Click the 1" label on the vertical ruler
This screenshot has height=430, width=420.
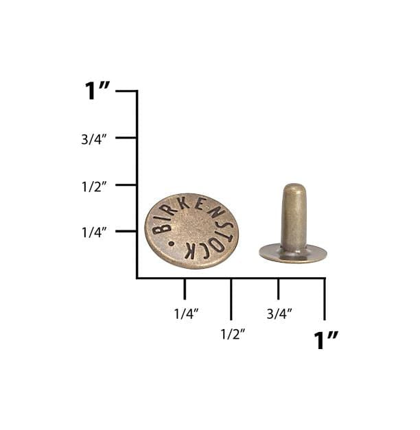(97, 91)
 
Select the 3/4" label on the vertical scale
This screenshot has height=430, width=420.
(95, 139)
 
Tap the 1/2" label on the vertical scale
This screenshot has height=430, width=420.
(95, 187)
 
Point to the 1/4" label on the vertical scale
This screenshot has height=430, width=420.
(95, 232)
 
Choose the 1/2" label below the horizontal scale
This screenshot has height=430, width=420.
(233, 334)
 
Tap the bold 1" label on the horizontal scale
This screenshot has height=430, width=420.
(326, 339)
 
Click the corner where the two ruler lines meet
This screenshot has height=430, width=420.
(137, 278)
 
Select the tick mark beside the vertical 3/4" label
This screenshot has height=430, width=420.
(126, 138)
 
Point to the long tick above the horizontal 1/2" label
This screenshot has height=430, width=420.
(231, 299)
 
